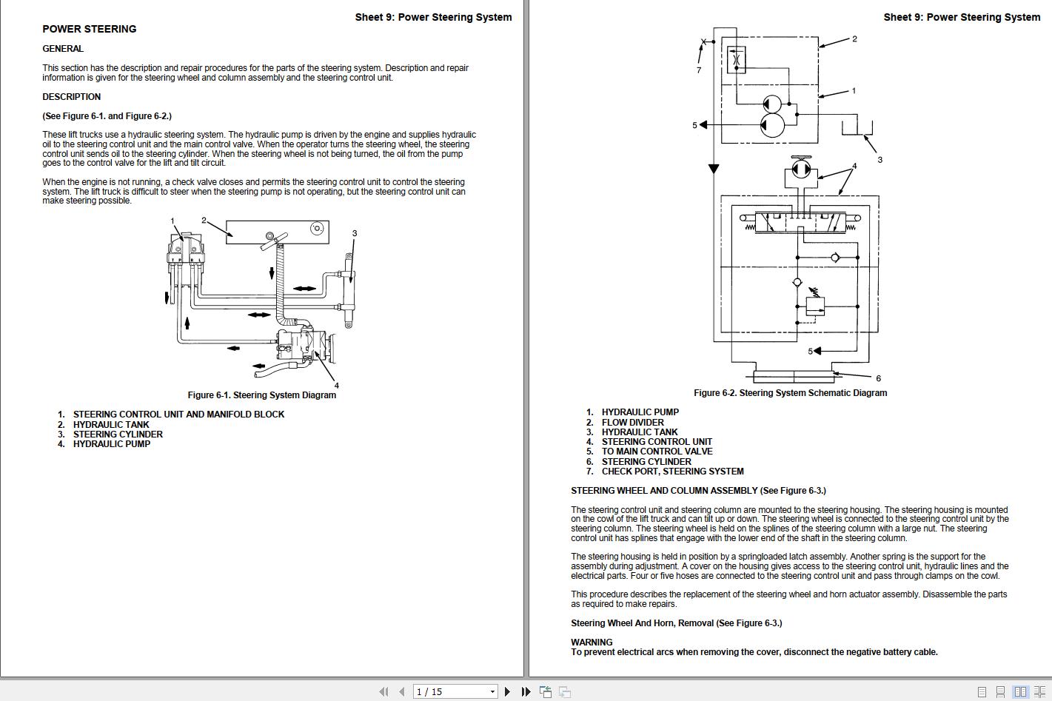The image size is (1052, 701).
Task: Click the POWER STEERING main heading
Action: (89, 29)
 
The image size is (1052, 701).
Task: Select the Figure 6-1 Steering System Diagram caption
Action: (261, 395)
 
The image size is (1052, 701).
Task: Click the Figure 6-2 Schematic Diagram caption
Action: (790, 393)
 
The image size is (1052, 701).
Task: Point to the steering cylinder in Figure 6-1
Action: (349, 289)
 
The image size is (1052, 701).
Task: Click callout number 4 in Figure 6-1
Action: (336, 386)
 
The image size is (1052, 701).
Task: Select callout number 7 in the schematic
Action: (698, 70)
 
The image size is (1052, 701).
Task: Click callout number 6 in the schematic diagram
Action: (878, 378)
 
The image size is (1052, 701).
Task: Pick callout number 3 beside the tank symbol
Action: (880, 160)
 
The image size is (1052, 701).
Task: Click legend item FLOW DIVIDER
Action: (632, 423)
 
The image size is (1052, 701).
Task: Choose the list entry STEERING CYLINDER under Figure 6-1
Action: (118, 435)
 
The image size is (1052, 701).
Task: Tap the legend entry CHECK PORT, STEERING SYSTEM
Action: (672, 472)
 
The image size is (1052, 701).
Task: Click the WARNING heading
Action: (592, 643)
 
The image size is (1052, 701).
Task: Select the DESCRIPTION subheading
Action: (71, 97)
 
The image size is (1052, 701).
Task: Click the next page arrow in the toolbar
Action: (507, 691)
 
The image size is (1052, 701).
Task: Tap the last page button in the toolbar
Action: (526, 691)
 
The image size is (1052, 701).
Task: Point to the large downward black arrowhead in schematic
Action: (714, 169)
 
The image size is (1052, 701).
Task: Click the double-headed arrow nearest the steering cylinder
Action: (304, 289)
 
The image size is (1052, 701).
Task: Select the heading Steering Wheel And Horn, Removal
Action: (676, 623)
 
